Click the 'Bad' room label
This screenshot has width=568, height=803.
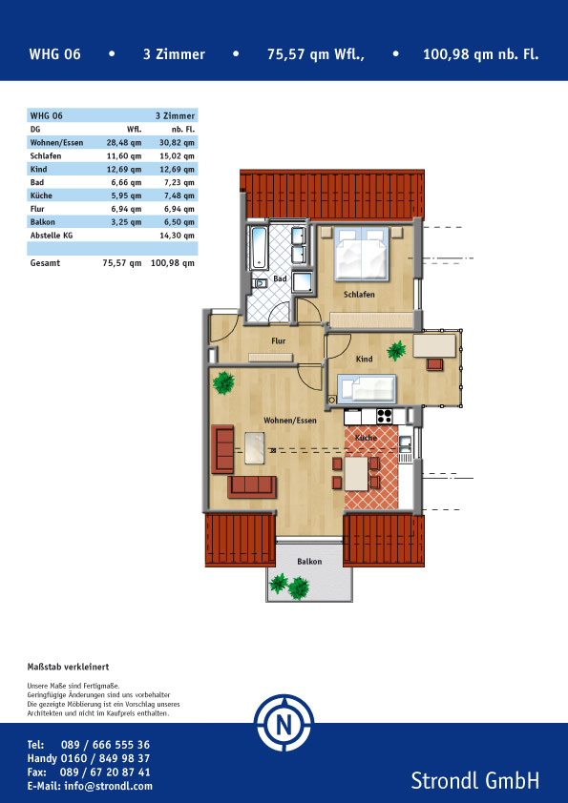tap(280, 278)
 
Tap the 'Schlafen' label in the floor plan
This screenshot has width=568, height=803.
tap(359, 295)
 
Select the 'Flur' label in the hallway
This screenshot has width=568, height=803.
tap(279, 340)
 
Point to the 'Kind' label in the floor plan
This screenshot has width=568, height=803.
tap(364, 359)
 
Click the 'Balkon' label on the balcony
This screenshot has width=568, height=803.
tap(309, 562)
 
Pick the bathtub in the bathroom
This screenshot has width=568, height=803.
tap(260, 248)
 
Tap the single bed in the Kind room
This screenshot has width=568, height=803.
tap(367, 388)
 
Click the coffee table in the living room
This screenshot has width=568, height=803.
tap(255, 447)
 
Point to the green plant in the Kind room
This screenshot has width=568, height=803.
tap(396, 351)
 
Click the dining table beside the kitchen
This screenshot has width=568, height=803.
tap(356, 474)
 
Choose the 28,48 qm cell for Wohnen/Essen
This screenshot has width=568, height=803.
tap(124, 142)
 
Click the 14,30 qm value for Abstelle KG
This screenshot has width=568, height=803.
tap(178, 236)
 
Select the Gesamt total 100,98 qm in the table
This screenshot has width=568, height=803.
tap(173, 263)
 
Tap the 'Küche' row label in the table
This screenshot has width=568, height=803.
tap(41, 196)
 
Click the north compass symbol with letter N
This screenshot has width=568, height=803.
tap(284, 723)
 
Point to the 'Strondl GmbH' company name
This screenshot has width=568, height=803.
tap(475, 780)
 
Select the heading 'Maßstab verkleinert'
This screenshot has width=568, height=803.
tap(68, 667)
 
